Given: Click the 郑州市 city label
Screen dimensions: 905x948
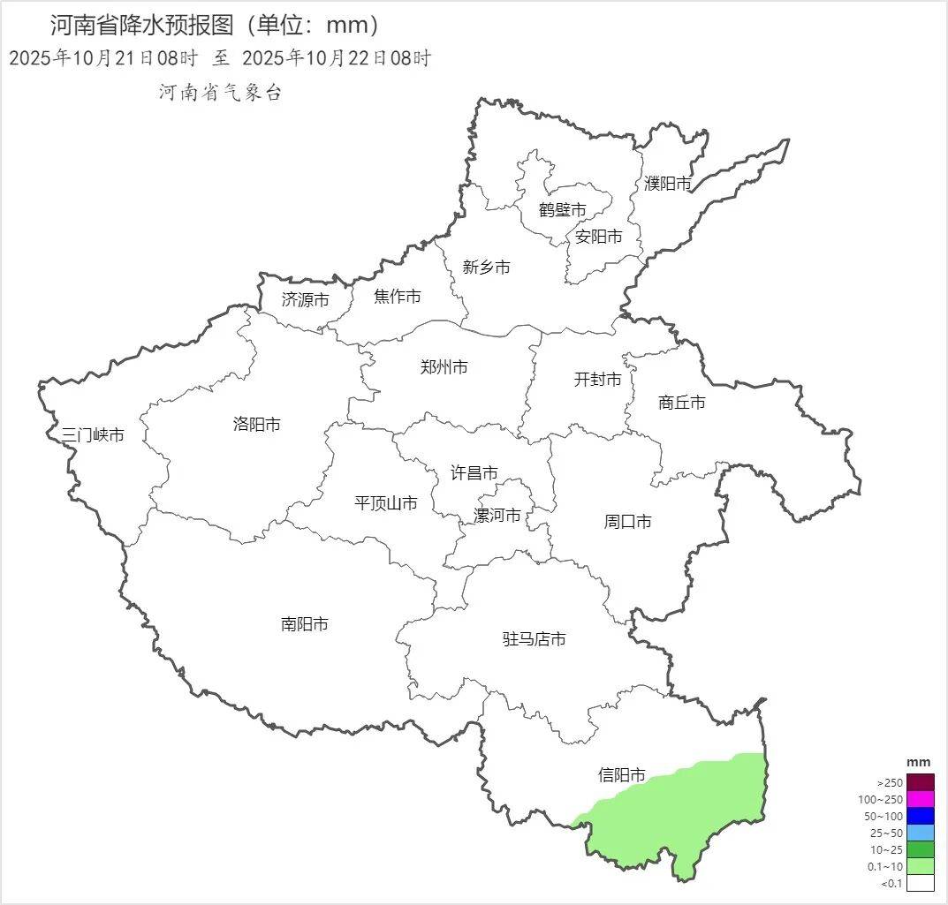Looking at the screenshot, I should pyautogui.click(x=444, y=367).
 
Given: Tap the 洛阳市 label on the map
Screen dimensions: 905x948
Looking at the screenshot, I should pyautogui.click(x=256, y=425).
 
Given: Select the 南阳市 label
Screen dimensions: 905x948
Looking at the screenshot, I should pyautogui.click(x=304, y=624).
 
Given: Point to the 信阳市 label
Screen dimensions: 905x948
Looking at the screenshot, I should pyautogui.click(x=621, y=775).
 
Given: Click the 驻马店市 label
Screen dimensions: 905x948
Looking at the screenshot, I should pyautogui.click(x=534, y=639).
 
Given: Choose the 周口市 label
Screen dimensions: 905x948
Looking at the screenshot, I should pyautogui.click(x=627, y=522).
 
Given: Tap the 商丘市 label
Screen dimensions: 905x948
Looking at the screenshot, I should pyautogui.click(x=682, y=403).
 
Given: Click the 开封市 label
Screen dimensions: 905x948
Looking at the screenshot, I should pyautogui.click(x=597, y=380).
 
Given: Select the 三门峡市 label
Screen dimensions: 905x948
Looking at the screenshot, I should pyautogui.click(x=92, y=434).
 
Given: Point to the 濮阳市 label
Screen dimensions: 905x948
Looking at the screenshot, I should pyautogui.click(x=667, y=184).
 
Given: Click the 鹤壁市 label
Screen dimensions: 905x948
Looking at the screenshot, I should pyautogui.click(x=562, y=210).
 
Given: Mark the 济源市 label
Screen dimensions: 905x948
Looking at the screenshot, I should pyautogui.click(x=305, y=300).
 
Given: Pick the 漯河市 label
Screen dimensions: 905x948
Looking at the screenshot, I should pyautogui.click(x=497, y=516).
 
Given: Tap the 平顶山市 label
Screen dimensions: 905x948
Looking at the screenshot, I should pyautogui.click(x=385, y=503).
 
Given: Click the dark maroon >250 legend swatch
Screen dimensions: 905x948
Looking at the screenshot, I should pyautogui.click(x=920, y=782).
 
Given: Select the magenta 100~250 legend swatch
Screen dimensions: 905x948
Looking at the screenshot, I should pyautogui.click(x=920, y=799).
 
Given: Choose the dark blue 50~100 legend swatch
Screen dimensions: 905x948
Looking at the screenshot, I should pyautogui.click(x=920, y=816).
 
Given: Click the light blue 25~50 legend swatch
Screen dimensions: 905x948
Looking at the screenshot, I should pyautogui.click(x=920, y=833).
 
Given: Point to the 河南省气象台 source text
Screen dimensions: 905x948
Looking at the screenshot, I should pyautogui.click(x=220, y=93).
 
